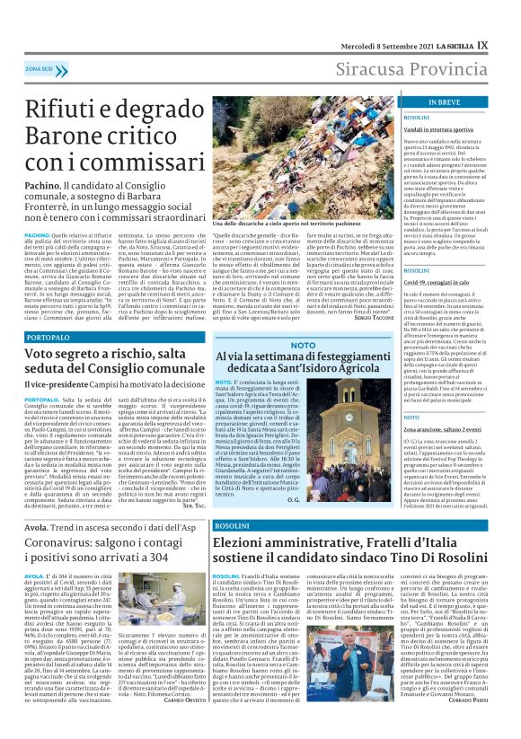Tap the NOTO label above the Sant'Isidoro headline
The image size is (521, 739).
(303, 345)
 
